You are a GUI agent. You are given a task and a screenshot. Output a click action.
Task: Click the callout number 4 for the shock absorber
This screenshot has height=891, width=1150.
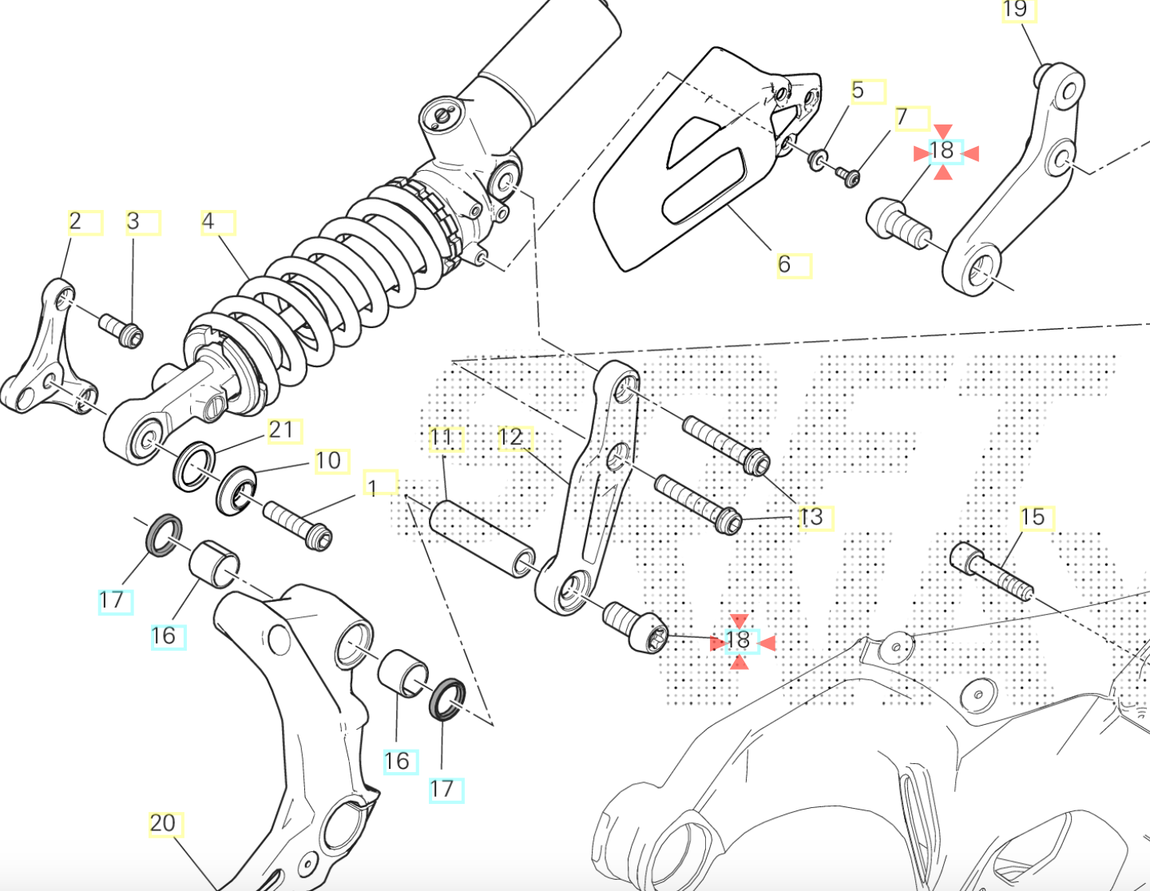[216, 222]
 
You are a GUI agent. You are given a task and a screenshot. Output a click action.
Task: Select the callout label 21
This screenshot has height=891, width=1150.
[284, 431]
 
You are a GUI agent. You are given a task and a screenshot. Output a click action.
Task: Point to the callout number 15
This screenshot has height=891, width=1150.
[1035, 517]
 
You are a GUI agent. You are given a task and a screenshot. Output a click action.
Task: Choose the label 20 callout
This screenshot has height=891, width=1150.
[165, 823]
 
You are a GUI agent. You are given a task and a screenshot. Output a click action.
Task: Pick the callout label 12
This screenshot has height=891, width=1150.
[514, 438]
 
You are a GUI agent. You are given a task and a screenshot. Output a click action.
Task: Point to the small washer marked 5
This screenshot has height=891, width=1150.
[817, 158]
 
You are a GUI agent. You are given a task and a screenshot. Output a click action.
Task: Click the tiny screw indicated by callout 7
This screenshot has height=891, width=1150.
[847, 175]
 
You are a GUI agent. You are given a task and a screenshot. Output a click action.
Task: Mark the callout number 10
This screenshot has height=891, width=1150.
[330, 461]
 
